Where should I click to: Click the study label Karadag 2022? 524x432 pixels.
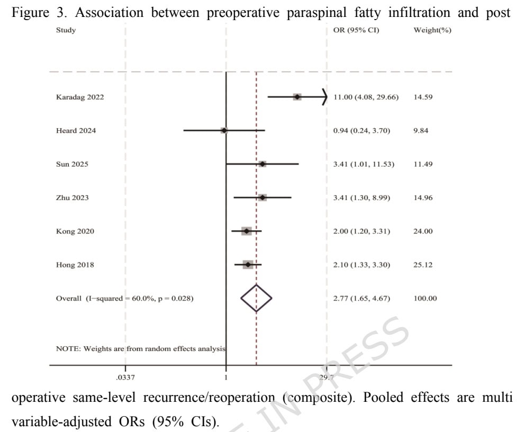click(80, 97)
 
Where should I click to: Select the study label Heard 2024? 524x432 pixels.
click(76, 130)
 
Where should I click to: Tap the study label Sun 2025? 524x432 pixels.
click(72, 164)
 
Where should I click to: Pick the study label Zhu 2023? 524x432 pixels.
click(73, 197)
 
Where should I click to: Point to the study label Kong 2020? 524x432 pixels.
click(75, 231)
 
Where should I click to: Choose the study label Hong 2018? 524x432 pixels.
click(75, 265)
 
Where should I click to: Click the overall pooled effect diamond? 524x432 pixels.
click(256, 299)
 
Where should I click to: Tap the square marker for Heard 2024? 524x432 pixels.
click(224, 130)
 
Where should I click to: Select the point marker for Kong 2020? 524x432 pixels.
click(246, 231)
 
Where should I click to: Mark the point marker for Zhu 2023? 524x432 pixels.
click(263, 197)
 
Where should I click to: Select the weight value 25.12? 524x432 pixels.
click(423, 265)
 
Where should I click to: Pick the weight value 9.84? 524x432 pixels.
click(421, 130)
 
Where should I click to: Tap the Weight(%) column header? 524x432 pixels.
click(432, 30)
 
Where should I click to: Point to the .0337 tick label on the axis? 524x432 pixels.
click(125, 377)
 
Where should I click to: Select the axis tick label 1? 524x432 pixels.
click(226, 377)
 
